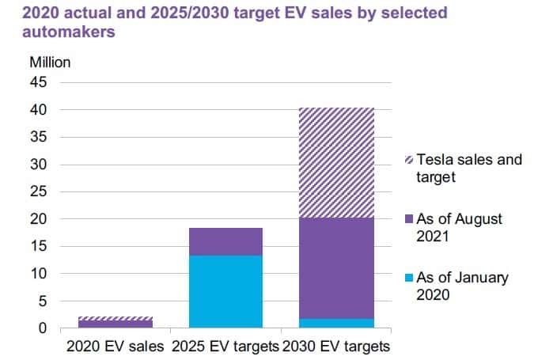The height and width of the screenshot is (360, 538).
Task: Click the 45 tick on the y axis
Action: click(x=39, y=82)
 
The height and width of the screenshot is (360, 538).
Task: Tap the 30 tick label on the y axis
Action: click(x=39, y=165)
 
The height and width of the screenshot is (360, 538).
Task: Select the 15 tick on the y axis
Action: click(x=39, y=247)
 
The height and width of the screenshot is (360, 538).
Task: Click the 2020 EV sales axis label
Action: click(x=115, y=347)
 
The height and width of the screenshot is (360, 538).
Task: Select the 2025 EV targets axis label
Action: click(x=225, y=347)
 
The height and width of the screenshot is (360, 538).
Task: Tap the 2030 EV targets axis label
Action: click(x=336, y=347)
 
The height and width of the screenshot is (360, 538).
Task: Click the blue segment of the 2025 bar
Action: click(x=225, y=291)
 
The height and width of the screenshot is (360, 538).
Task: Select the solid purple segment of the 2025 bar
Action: click(x=225, y=241)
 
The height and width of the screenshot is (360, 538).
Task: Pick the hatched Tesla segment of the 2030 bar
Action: click(x=336, y=162)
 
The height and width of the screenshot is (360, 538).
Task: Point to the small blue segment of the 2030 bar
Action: click(x=336, y=323)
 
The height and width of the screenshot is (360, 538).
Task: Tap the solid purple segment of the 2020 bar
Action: click(x=115, y=324)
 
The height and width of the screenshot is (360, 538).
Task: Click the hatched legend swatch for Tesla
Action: click(x=407, y=161)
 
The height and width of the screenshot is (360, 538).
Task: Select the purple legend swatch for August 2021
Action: click(x=407, y=219)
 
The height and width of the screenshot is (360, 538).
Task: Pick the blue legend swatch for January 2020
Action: click(x=407, y=279)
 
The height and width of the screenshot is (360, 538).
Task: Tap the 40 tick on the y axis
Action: click(x=39, y=110)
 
